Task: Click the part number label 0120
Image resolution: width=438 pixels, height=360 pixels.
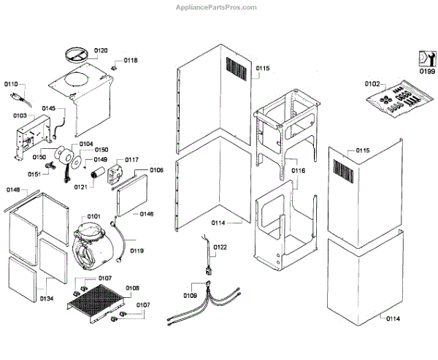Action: [x=101, y=50]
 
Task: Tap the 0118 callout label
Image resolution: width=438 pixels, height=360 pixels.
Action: [x=130, y=60]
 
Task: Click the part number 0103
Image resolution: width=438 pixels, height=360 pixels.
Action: [x=20, y=115]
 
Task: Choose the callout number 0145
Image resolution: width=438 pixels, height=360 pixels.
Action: [x=48, y=108]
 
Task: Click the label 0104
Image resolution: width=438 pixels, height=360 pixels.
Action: [x=86, y=144]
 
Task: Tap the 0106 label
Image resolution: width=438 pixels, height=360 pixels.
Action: [x=156, y=170]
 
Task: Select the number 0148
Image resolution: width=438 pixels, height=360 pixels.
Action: [x=14, y=190]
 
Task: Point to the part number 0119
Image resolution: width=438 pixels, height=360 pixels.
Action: [x=137, y=250]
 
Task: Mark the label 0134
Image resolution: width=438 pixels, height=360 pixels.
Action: [x=47, y=298]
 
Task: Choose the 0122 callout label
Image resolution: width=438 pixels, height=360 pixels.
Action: [x=220, y=248]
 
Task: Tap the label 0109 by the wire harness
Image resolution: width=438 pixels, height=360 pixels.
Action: [x=190, y=295]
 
